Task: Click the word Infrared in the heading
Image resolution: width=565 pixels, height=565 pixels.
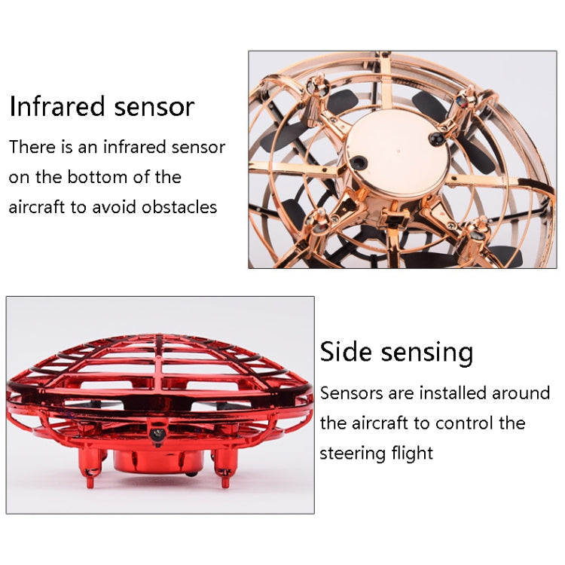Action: (x=55, y=107)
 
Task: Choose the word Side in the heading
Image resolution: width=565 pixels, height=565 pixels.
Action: (x=347, y=352)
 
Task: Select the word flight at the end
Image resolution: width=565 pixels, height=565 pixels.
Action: (x=413, y=453)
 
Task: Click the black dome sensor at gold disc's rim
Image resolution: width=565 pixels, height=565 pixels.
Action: (x=434, y=139)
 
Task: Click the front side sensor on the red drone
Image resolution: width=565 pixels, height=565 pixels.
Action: (x=157, y=435)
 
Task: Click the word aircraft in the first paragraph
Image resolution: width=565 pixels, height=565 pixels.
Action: (x=36, y=207)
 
